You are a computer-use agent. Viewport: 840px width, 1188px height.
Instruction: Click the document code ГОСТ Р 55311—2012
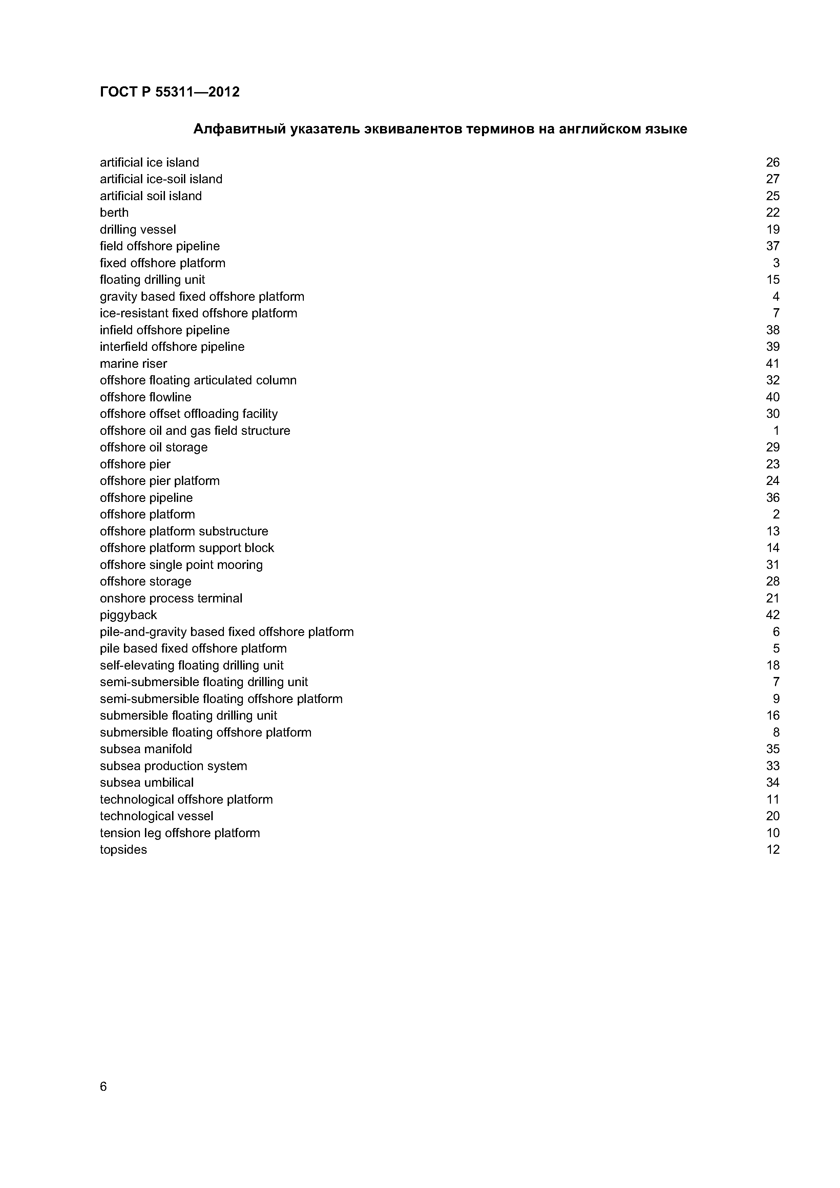169,92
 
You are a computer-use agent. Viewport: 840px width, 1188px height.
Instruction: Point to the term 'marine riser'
133,364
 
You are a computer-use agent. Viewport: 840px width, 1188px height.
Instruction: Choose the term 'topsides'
123,850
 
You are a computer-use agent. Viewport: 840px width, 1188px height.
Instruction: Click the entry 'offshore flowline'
145,397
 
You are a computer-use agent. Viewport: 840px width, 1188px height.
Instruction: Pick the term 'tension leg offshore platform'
180,833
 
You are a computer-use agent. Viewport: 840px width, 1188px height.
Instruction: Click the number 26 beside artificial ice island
772,163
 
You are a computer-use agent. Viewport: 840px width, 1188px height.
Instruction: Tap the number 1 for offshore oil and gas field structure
776,430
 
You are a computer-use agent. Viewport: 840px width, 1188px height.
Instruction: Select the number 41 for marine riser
772,364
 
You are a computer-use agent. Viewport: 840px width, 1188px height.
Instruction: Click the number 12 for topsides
772,850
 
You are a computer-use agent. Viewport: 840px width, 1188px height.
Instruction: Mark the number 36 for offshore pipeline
772,498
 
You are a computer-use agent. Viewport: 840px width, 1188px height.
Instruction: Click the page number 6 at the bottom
103,1087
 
